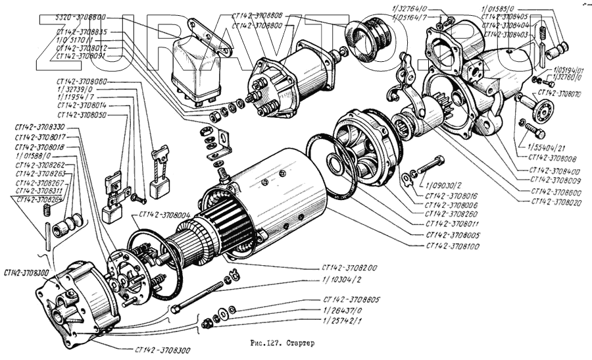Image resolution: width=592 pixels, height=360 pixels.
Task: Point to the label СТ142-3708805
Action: (352, 299)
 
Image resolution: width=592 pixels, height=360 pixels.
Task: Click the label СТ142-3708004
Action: (164, 215)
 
